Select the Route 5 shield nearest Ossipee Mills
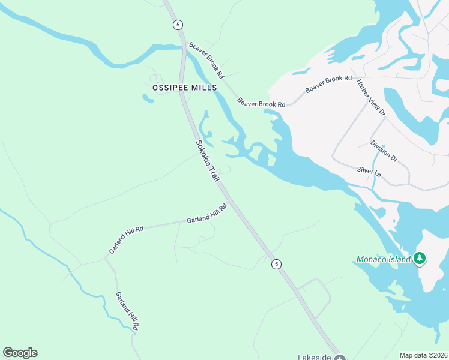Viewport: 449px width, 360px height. pyautogui.click(x=177, y=24)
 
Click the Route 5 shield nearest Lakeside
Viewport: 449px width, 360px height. pyautogui.click(x=276, y=264)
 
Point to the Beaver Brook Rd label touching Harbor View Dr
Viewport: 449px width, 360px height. pyautogui.click(x=328, y=83)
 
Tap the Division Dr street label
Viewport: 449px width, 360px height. pyautogui.click(x=384, y=151)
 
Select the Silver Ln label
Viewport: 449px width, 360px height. pyautogui.click(x=369, y=172)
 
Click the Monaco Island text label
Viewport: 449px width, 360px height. pyautogui.click(x=383, y=259)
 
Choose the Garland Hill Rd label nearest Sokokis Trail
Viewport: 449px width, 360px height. pyautogui.click(x=206, y=214)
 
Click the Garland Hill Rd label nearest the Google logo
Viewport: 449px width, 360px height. pyautogui.click(x=127, y=311)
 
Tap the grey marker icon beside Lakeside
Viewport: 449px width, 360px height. pyautogui.click(x=340, y=358)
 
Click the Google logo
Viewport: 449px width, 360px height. pyautogui.click(x=20, y=353)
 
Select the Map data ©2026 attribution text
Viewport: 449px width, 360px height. pyautogui.click(x=423, y=355)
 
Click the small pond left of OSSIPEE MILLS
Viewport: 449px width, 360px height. pyautogui.click(x=148, y=98)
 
